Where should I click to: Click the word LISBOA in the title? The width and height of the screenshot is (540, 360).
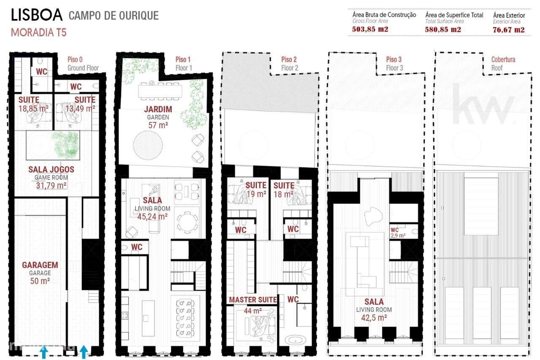(37, 16)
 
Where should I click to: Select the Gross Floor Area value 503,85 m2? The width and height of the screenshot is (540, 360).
(370, 30)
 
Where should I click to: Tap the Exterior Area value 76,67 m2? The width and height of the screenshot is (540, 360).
(508, 30)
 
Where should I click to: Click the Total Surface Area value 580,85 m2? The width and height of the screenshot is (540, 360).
(443, 30)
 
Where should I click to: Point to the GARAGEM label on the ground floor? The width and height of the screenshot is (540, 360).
(40, 265)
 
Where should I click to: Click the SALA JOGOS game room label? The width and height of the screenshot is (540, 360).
(51, 170)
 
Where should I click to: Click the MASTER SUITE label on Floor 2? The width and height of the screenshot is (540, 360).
(253, 300)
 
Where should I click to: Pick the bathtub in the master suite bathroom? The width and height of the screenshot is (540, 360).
(295, 340)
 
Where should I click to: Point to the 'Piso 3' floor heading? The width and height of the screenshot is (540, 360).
(394, 60)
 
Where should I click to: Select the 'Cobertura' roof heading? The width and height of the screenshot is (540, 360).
(503, 60)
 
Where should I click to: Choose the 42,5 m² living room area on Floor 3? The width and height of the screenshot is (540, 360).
(374, 317)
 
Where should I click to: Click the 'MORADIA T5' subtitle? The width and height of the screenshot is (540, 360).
(38, 32)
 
